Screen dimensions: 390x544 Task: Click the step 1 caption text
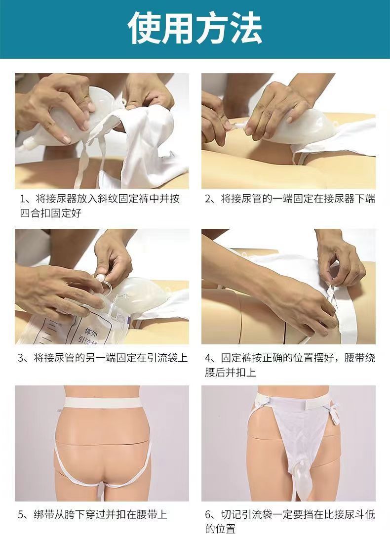coord(100,206)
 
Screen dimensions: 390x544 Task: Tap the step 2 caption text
coord(290,199)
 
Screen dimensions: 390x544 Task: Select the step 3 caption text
coord(103,358)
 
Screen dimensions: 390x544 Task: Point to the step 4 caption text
coord(290,365)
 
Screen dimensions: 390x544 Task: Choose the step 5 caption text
coord(92,514)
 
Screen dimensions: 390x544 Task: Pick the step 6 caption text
coord(290,521)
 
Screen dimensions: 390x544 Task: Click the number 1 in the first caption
coord(23,199)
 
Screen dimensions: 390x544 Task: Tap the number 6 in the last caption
coord(208,514)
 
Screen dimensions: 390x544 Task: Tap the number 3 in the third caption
coord(21,358)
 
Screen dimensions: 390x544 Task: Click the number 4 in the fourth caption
coord(208,358)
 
